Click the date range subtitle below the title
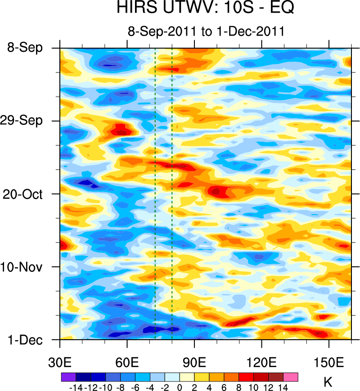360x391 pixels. pyautogui.click(x=206, y=32)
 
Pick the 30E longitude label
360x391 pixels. pyautogui.click(x=60, y=362)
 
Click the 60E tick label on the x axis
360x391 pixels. pyautogui.click(x=127, y=362)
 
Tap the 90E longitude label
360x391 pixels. pyautogui.click(x=194, y=362)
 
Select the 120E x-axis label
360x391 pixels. pyautogui.click(x=261, y=362)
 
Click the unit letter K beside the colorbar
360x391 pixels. pyautogui.click(x=328, y=382)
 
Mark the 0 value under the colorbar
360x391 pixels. pyautogui.click(x=180, y=387)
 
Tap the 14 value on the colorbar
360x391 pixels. pyautogui.click(x=283, y=387)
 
